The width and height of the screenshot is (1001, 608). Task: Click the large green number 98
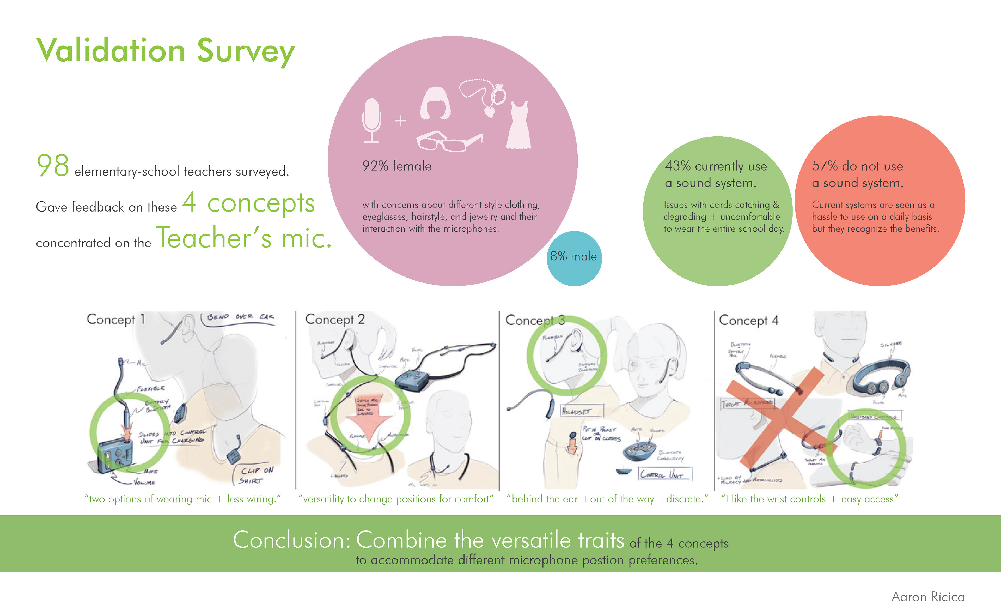point(53,166)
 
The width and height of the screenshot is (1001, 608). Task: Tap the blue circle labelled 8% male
point(574,258)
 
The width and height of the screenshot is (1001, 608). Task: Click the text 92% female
point(397,166)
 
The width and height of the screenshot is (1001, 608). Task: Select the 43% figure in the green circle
point(677,166)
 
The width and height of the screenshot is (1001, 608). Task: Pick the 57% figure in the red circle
point(825,166)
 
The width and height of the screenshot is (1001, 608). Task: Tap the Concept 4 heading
point(748,320)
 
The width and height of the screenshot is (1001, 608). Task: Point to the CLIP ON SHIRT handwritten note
point(256,475)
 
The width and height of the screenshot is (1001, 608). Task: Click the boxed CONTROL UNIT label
point(664,474)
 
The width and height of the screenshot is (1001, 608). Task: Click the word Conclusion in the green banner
point(291,540)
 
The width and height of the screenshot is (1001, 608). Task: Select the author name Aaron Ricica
point(928,597)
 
